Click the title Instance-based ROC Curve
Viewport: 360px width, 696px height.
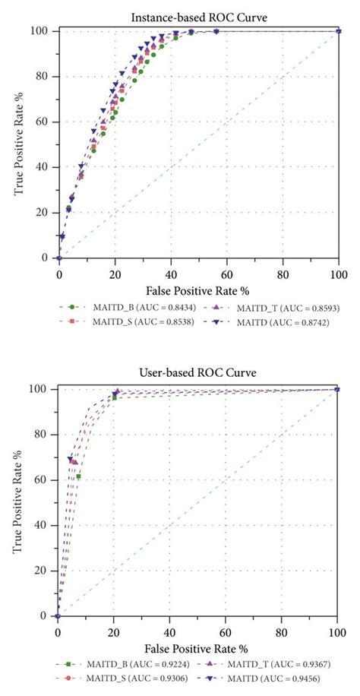(x=199, y=14)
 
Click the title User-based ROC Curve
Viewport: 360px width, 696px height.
(x=199, y=373)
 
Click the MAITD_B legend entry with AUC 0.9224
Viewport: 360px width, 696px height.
(x=122, y=665)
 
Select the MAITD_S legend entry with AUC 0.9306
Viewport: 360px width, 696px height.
(x=122, y=679)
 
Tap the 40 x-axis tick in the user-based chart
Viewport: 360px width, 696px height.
(x=170, y=630)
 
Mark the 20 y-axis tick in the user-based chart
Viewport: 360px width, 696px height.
(x=43, y=571)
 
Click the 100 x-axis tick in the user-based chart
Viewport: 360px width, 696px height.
(x=337, y=630)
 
